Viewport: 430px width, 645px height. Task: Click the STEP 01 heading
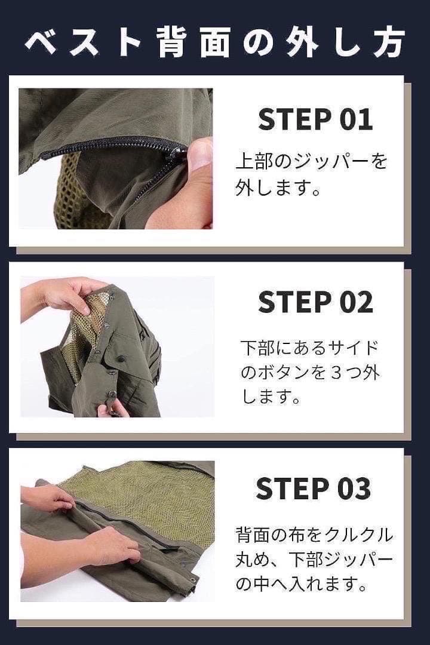click(x=315, y=119)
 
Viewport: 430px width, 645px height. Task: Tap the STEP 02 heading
click(x=315, y=302)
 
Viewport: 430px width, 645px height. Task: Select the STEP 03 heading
click(x=314, y=489)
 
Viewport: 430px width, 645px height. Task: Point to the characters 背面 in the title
click(x=193, y=42)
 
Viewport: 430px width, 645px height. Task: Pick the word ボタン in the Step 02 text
click(x=282, y=373)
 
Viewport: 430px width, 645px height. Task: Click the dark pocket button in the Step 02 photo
click(x=121, y=359)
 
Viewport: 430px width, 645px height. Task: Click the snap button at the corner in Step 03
click(x=191, y=580)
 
